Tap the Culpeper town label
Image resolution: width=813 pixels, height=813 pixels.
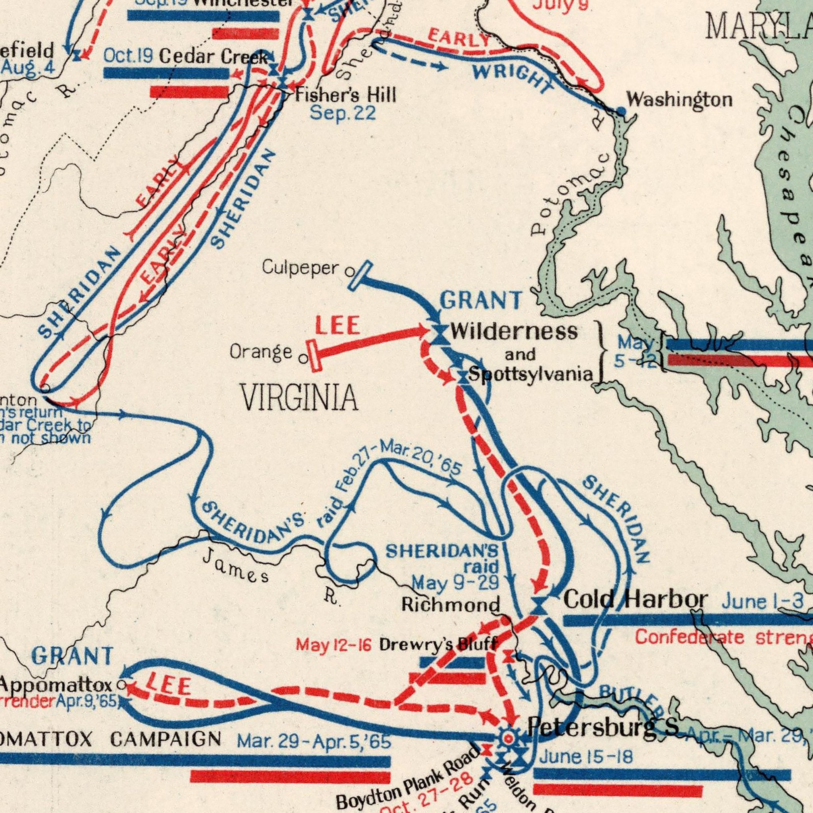click(x=300, y=267)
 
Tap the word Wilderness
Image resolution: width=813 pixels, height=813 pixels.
click(x=514, y=332)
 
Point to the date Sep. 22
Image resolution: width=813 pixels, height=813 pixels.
click(x=343, y=113)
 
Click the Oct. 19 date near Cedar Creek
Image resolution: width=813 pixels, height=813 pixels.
click(x=128, y=56)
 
